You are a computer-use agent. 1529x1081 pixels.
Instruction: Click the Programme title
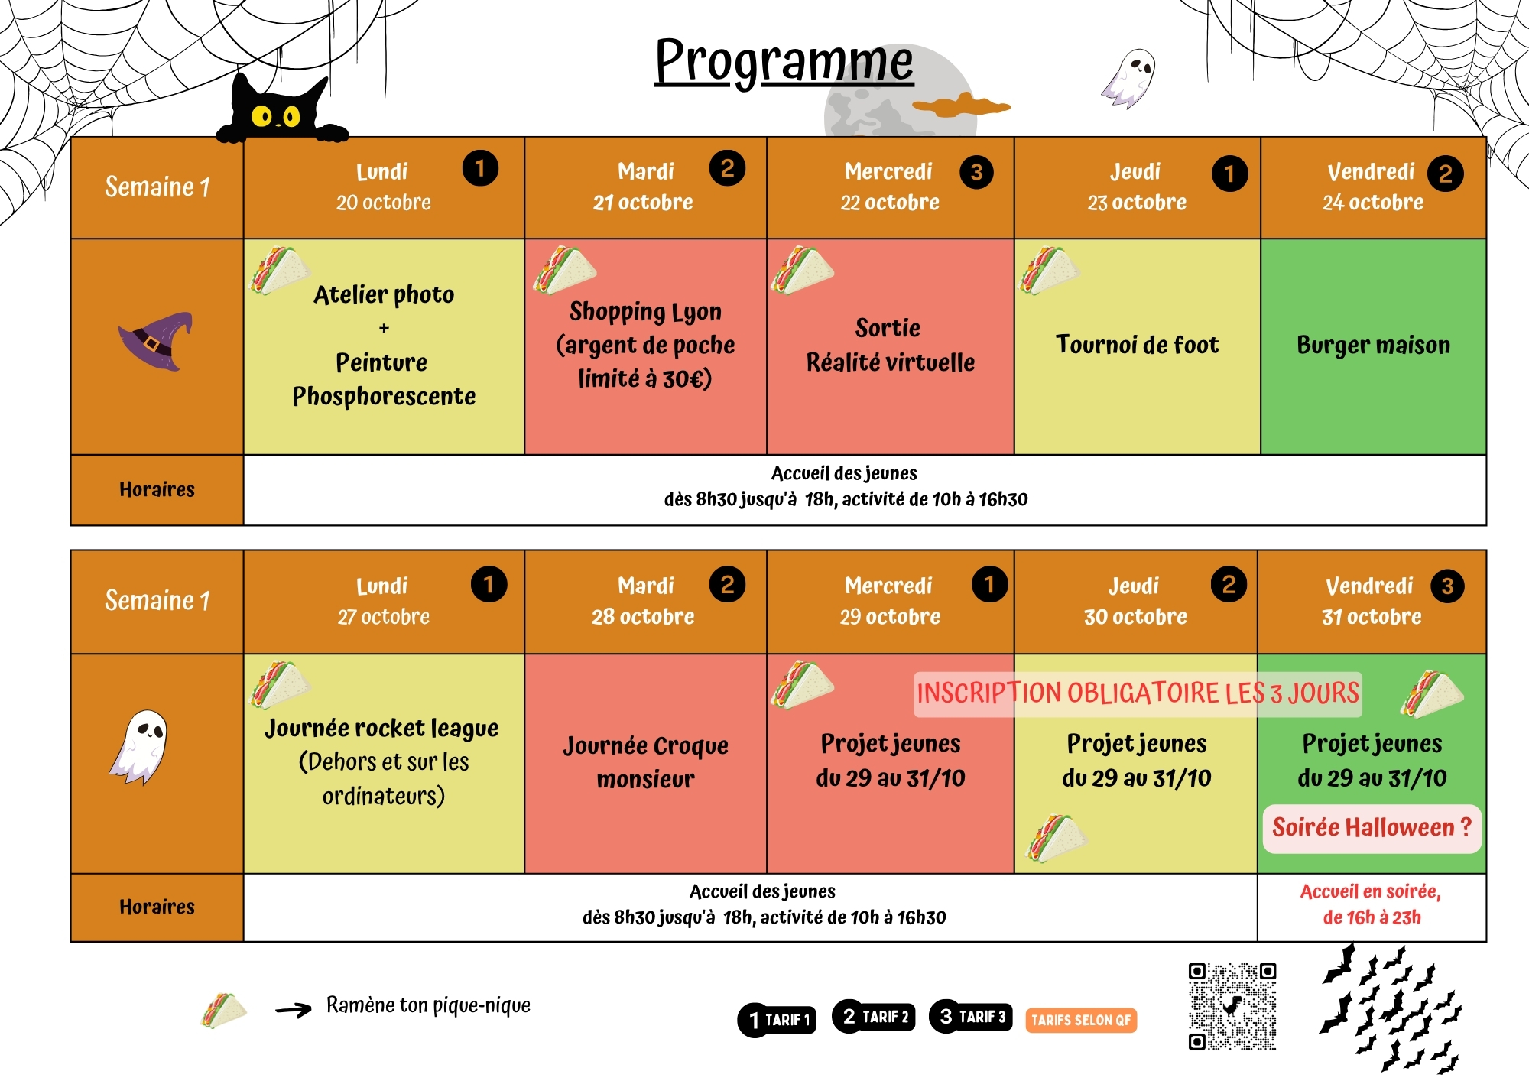tap(784, 61)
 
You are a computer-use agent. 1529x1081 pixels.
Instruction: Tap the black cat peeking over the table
tap(279, 111)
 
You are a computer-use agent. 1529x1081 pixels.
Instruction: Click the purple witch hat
tap(157, 341)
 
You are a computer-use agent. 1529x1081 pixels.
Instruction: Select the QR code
tap(1232, 1006)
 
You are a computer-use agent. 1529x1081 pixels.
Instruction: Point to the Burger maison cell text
tap(1373, 345)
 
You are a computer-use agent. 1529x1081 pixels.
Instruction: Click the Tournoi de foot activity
tap(1137, 345)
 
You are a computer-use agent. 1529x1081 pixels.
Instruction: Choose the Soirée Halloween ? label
tap(1372, 828)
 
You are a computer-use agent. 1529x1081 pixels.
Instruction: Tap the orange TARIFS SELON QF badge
tap(1080, 1020)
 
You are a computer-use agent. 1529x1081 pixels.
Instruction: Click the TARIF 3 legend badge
tap(971, 1017)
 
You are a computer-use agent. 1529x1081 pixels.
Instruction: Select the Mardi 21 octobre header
tap(644, 187)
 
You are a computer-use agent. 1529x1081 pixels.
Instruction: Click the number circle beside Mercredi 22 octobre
tap(976, 172)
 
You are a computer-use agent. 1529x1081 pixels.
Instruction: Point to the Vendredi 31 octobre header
tap(1372, 602)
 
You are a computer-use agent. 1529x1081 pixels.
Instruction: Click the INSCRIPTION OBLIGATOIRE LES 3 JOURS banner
tap(1138, 694)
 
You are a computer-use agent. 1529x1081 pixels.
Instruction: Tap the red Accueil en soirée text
tap(1372, 904)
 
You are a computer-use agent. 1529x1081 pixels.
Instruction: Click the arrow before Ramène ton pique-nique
tap(294, 1010)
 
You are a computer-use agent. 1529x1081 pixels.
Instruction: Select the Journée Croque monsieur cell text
tap(645, 762)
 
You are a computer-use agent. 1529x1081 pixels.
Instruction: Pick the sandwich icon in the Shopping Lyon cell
tap(564, 270)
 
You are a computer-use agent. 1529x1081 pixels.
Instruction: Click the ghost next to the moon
tap(1130, 78)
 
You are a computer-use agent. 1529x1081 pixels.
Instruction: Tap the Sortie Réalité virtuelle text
tap(890, 345)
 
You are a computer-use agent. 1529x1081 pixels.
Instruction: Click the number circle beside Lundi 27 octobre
tap(489, 585)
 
